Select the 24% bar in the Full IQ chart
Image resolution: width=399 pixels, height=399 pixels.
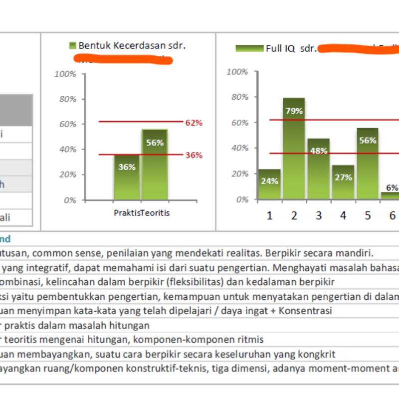(269, 185)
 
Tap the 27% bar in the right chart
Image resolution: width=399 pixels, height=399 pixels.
(343, 183)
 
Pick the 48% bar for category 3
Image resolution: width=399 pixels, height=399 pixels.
(319, 169)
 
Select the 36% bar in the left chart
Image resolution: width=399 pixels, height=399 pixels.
(127, 178)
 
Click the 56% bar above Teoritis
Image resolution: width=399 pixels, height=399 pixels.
(155, 165)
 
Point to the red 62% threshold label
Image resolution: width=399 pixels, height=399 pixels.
(194, 123)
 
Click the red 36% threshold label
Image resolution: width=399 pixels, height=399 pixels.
(194, 155)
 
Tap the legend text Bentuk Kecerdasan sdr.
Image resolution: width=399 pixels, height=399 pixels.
(132, 45)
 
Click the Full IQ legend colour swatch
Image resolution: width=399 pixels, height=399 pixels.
(249, 48)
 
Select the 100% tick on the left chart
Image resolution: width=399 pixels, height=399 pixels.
(65, 74)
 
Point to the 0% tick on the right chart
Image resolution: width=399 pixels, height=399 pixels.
(241, 199)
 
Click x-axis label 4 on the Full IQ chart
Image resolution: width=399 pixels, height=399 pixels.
(343, 215)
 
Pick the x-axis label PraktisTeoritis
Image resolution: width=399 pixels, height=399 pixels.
(142, 213)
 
